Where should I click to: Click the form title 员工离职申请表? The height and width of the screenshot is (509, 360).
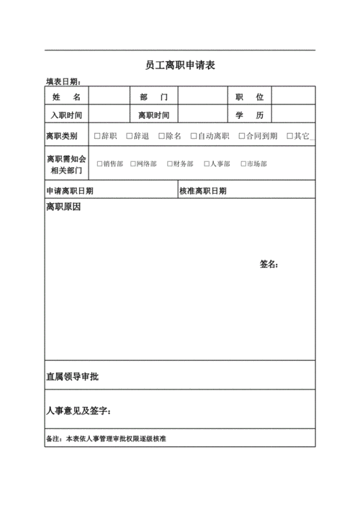[x=180, y=66]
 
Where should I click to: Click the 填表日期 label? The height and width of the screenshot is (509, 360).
[x=63, y=81]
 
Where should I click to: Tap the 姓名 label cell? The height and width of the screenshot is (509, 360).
[x=66, y=96]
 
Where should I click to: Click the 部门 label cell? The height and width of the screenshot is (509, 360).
[x=153, y=96]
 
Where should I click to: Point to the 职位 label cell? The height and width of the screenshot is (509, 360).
[x=249, y=96]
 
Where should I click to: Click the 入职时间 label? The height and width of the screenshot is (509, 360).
[x=66, y=114]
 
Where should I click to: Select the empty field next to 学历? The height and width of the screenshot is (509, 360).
[x=292, y=114]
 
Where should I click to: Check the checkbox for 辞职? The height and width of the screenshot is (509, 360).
[x=97, y=135]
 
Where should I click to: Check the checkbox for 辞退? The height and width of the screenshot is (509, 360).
[x=129, y=135]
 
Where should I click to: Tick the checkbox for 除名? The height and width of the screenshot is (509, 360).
[x=161, y=135]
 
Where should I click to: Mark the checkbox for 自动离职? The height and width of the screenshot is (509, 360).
[x=192, y=135]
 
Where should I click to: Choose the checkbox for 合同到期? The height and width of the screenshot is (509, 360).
[x=241, y=135]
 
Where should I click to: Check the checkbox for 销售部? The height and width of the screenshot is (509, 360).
[x=99, y=163]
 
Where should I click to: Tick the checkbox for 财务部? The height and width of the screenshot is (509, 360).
[x=169, y=163]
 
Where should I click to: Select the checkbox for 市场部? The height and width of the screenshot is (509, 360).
[x=243, y=163]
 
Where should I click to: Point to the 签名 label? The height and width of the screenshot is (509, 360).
[x=269, y=264]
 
